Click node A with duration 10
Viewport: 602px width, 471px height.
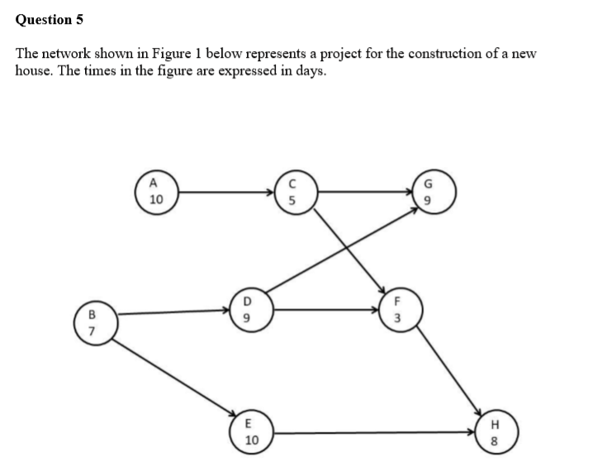[x=156, y=192]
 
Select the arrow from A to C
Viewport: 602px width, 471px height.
[x=223, y=192]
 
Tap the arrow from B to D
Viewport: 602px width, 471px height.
[x=169, y=312]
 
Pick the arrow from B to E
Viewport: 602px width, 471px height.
[x=173, y=373]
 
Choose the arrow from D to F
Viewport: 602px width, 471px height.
[x=326, y=311]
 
